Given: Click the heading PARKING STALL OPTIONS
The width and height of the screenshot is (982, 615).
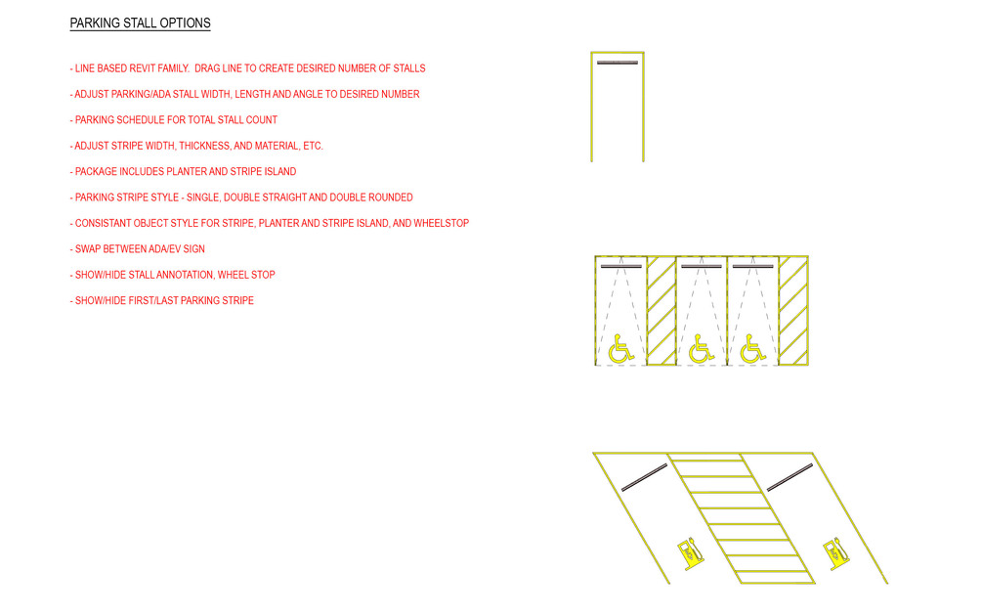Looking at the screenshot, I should point(140,23).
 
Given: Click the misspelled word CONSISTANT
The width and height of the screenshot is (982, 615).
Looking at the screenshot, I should point(105,224).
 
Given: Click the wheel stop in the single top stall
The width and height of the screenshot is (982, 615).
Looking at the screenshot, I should point(618,63).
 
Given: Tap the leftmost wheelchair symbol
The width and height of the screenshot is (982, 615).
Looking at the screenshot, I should point(620,348).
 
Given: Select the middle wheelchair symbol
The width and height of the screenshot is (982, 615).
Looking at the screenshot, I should point(701,348).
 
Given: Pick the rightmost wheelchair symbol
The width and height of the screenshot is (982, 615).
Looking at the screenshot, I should point(752,348).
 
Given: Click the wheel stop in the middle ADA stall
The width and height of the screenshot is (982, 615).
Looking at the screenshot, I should point(702,265).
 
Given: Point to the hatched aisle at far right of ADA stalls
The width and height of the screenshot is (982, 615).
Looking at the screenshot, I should point(792,311).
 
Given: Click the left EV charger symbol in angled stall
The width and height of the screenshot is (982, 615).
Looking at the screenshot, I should point(690,552).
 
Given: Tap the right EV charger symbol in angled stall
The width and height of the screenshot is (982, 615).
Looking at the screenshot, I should point(833,553).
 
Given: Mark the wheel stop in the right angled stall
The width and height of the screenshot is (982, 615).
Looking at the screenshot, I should point(790,477).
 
